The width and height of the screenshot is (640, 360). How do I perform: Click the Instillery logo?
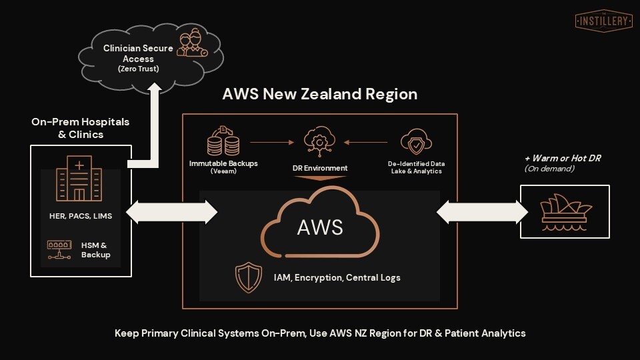click(603, 20)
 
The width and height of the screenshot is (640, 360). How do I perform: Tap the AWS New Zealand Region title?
click(320, 94)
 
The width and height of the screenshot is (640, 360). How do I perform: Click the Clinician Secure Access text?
click(138, 53)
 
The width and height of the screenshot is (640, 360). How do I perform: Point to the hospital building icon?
click(79, 178)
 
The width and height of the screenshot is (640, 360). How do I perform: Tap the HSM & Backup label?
click(96, 250)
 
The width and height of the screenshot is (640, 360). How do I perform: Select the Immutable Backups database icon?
click(223, 141)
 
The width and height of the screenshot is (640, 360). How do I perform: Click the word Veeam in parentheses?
click(224, 171)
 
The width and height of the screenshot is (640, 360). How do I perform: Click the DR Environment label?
click(319, 167)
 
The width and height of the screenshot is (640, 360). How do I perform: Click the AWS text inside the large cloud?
click(320, 227)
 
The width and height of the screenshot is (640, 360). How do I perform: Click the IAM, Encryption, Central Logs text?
click(336, 277)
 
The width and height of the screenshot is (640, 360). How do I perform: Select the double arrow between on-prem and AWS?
click(171, 212)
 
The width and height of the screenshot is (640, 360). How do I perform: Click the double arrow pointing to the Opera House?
click(482, 212)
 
